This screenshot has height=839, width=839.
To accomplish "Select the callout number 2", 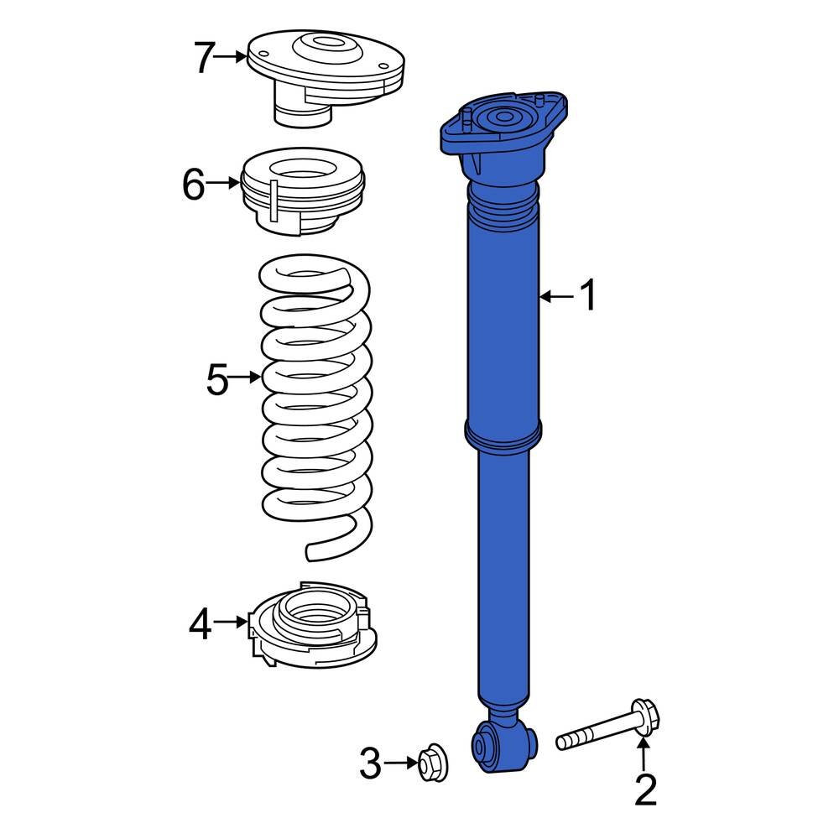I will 644,790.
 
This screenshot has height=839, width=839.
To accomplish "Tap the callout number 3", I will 370,763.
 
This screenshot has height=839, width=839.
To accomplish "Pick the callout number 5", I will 216,380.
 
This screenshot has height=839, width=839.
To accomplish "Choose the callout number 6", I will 193,185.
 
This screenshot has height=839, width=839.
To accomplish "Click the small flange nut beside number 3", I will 433,761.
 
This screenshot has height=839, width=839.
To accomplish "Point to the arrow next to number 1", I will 555,296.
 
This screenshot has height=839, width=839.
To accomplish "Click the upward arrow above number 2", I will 643,753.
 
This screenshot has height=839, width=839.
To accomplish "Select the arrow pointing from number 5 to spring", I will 246,378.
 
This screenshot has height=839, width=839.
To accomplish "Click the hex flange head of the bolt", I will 644,718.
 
